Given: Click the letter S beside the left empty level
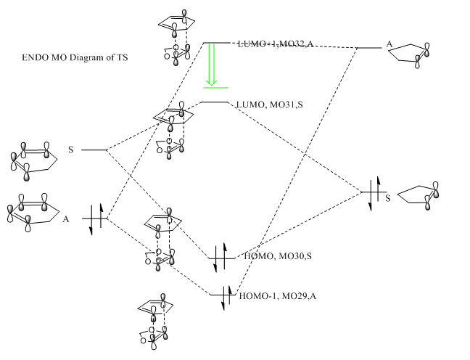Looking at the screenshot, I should [x=70, y=150].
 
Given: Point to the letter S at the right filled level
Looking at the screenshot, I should [x=388, y=197].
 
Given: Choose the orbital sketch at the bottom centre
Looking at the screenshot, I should [x=153, y=319].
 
